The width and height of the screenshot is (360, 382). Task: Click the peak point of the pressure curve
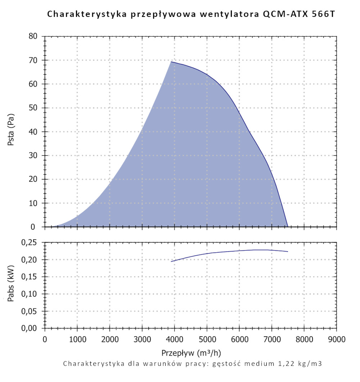pos(171,62)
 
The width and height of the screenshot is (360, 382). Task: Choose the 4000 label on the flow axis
pos(174,339)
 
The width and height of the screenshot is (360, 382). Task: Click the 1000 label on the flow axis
pos(77,339)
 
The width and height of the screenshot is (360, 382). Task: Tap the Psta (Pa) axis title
pos(11,132)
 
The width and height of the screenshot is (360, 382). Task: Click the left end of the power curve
pos(171,262)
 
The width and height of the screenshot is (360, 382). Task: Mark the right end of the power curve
pos(288,251)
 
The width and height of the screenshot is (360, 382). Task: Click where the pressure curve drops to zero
pos(288,227)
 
